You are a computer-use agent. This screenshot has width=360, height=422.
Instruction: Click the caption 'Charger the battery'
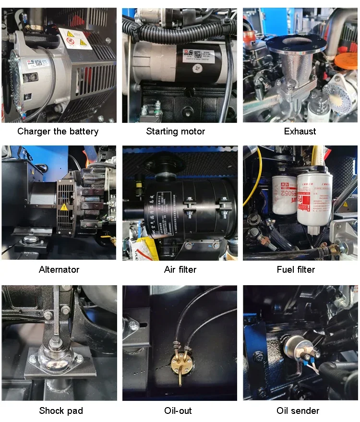click(x=58, y=131)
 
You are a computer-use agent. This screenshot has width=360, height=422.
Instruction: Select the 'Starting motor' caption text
click(x=176, y=131)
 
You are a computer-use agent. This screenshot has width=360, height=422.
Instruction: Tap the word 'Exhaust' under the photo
click(x=300, y=131)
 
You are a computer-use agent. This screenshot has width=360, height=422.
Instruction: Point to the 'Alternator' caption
click(x=59, y=269)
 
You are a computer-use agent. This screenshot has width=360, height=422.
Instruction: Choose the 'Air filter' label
click(x=180, y=269)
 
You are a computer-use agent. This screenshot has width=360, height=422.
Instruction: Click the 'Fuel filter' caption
click(x=296, y=269)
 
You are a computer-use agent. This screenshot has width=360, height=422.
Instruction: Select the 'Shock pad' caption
click(x=61, y=410)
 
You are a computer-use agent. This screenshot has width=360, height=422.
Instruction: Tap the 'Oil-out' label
click(x=179, y=410)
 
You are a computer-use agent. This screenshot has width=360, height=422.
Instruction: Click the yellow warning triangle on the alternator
click(x=63, y=207)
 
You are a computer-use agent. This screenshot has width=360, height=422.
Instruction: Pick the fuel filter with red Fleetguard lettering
click(x=314, y=202)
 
